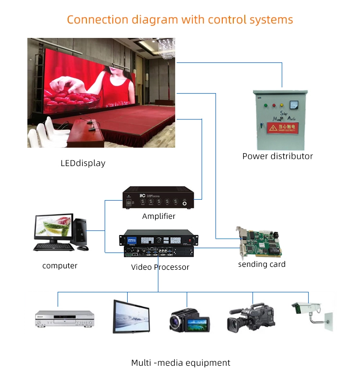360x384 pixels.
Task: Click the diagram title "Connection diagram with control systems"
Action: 180,20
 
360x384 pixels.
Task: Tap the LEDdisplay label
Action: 83,163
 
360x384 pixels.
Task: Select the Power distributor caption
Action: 277,156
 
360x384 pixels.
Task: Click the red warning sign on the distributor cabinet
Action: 282,128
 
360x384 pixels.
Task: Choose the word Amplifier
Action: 159,216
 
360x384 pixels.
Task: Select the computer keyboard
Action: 53,247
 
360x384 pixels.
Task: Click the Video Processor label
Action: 160,267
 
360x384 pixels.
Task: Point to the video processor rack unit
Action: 158,243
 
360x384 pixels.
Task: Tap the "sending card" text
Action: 262,264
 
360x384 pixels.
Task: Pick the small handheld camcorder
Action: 190,319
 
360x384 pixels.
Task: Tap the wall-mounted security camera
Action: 312,312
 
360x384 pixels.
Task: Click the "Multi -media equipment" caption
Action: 180,363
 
